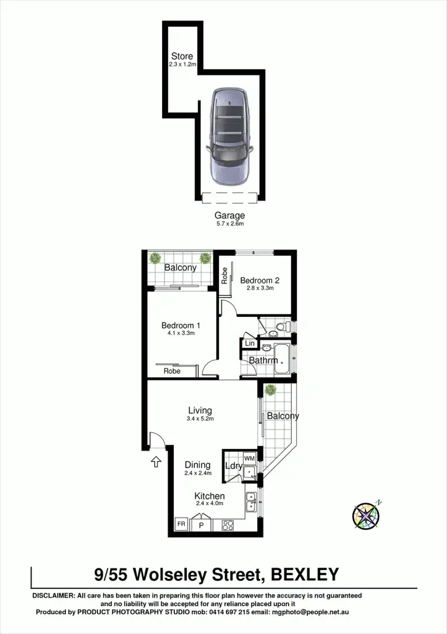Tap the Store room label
182,56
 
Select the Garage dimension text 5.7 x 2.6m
229,224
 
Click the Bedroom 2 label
257,280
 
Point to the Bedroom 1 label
181,325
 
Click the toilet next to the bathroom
281,326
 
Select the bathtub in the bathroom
283,360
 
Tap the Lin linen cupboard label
250,343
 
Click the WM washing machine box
250,458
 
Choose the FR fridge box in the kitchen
182,524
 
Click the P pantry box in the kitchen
202,525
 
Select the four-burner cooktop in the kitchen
228,525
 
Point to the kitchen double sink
251,502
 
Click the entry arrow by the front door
155,461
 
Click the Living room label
200,410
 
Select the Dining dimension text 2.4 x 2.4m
198,473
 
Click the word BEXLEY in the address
305,574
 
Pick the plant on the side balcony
270,390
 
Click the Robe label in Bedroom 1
172,371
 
